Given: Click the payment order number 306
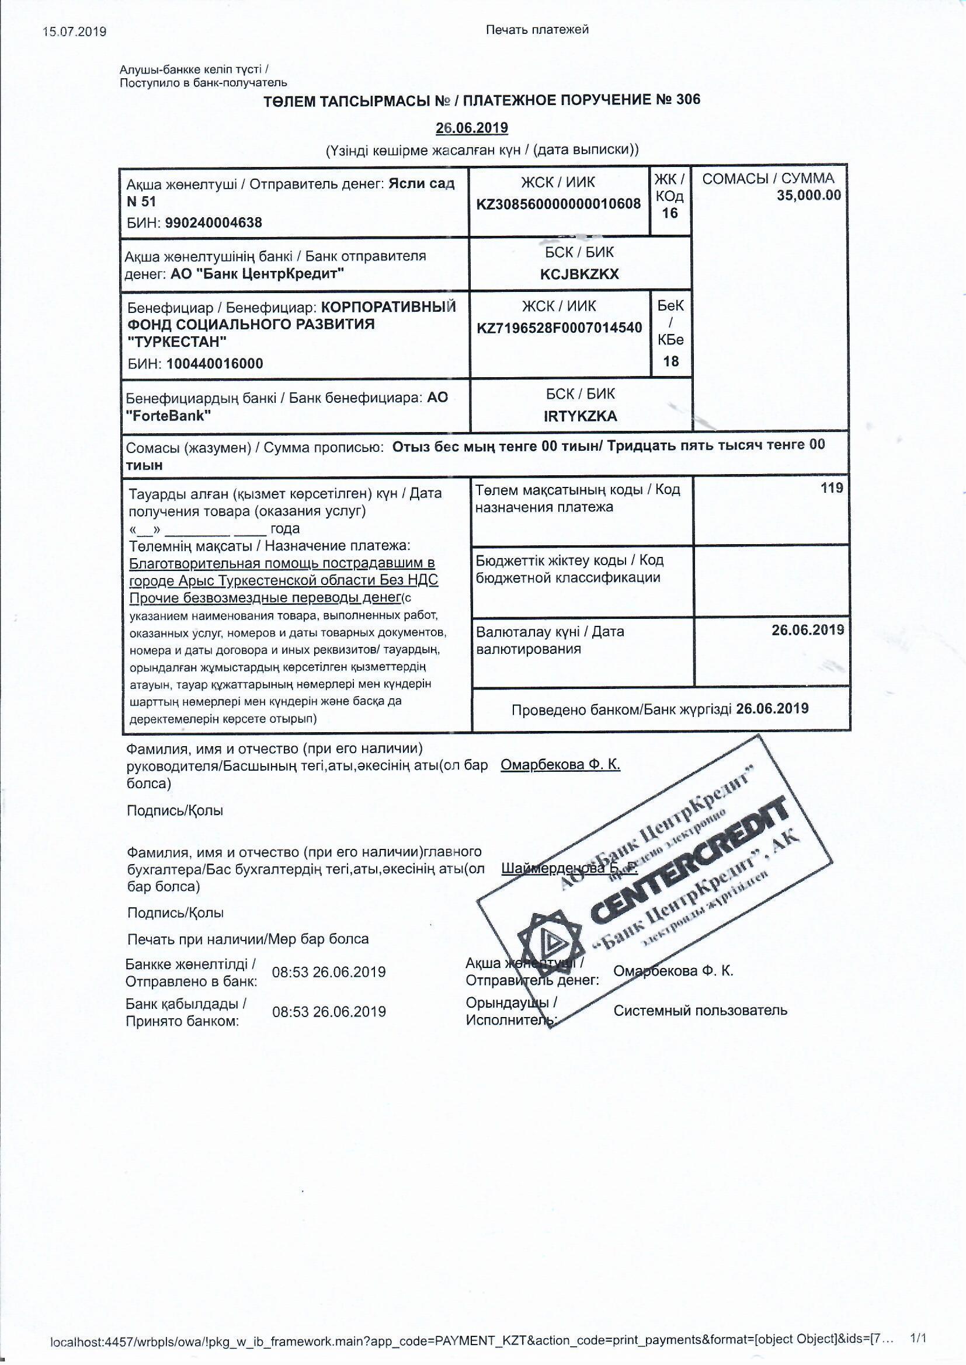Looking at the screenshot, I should click(x=688, y=99).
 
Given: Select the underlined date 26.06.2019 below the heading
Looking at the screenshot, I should click(x=472, y=128).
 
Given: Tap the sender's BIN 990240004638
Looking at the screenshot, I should click(x=213, y=223).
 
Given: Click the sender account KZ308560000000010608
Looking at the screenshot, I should click(x=558, y=204).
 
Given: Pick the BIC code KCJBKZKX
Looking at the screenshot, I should click(x=579, y=274).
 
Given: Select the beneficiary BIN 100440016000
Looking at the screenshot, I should click(x=215, y=364).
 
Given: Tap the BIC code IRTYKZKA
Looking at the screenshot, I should click(x=580, y=416).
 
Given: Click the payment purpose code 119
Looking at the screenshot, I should click(x=832, y=488).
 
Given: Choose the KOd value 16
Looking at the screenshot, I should click(x=670, y=214).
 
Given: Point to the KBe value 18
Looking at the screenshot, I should click(x=670, y=361).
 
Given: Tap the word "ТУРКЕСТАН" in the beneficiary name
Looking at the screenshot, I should click(x=178, y=343).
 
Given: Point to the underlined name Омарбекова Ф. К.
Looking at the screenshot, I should click(x=560, y=765).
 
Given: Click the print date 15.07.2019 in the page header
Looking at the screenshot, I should click(x=74, y=32).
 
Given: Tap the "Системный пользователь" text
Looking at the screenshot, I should click(x=700, y=1011).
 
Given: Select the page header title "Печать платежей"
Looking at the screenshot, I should click(x=537, y=30).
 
